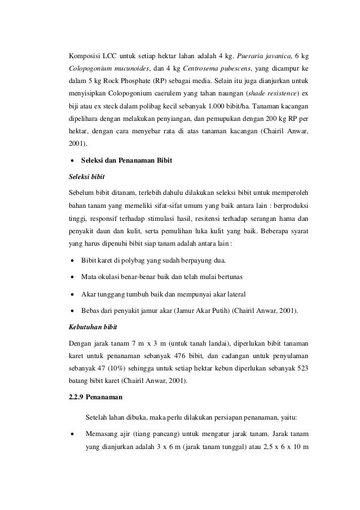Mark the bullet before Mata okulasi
coord(71,278)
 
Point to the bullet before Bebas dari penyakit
coord(71,311)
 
